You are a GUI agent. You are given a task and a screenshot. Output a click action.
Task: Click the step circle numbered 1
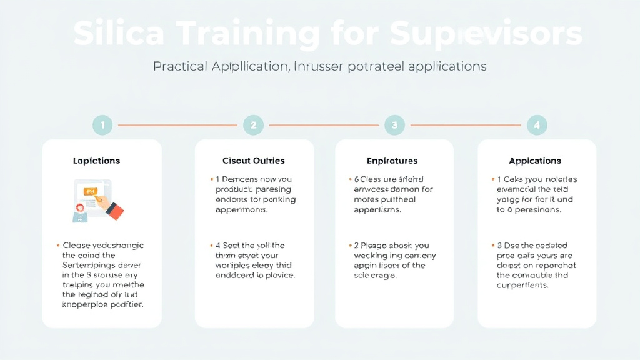[x=102, y=125]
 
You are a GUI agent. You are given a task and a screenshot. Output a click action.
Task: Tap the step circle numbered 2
[x=253, y=125]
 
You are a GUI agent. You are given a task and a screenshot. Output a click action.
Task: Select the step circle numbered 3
[x=394, y=125]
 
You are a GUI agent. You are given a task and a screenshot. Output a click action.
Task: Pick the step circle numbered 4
[x=536, y=125]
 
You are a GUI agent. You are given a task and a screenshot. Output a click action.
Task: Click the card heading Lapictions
[x=96, y=161]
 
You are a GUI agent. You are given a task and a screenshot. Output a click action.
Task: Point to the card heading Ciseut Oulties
[x=254, y=161]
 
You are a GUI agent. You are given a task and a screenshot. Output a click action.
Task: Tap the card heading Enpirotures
[x=392, y=161]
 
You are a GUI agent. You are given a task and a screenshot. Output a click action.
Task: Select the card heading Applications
[x=535, y=161]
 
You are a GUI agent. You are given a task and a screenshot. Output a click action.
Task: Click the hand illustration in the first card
[x=111, y=206]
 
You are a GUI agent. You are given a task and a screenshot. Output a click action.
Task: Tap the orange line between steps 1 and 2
[x=177, y=125]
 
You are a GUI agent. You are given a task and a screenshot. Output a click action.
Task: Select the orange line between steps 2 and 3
[x=323, y=125]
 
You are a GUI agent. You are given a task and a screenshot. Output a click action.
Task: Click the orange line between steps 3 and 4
[x=465, y=125]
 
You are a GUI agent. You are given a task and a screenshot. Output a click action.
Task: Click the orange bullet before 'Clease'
[x=58, y=246]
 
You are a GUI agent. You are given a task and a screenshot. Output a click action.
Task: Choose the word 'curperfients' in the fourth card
[x=522, y=285]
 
